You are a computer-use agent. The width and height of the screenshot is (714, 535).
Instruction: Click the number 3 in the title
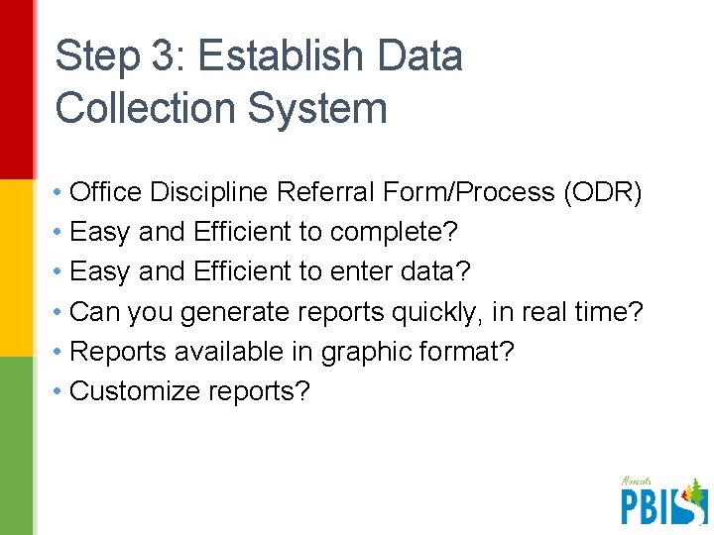coord(165,56)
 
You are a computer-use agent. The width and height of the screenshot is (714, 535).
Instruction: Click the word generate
coord(243,312)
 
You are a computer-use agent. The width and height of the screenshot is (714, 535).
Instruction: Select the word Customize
coord(135,391)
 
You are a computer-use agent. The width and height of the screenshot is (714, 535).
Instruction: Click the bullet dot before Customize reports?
coord(60,391)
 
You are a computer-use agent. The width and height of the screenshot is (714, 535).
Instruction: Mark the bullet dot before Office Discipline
coord(60,192)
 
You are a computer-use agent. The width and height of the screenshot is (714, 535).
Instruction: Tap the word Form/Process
coord(474,192)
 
